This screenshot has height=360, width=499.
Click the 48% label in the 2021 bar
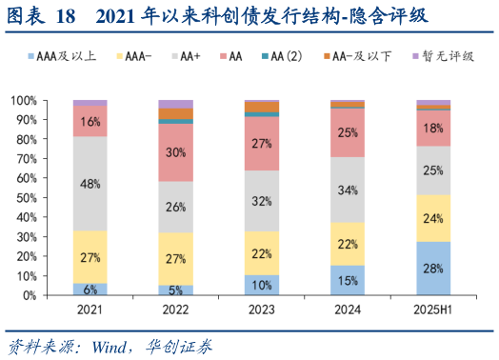click(90, 184)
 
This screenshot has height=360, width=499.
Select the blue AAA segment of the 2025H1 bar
click(433, 268)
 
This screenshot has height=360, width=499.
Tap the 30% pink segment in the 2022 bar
click(176, 152)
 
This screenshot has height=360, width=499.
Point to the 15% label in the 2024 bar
click(348, 280)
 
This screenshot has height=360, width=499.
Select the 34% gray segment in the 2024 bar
click(348, 190)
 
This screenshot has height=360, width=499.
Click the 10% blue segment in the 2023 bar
click(262, 285)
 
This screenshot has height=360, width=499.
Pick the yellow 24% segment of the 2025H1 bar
click(433, 218)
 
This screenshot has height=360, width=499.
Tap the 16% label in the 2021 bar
click(90, 122)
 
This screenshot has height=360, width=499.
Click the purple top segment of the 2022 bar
click(176, 104)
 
